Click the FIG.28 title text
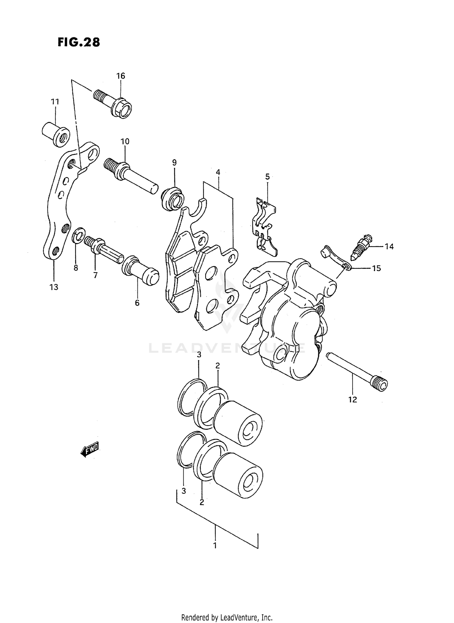click(x=79, y=42)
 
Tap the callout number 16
click(x=121, y=76)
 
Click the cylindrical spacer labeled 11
click(x=56, y=134)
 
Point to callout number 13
click(x=54, y=287)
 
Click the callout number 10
click(x=125, y=141)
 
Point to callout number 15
click(x=376, y=268)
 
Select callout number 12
click(x=353, y=399)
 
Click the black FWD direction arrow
click(x=90, y=450)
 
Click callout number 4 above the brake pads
click(x=218, y=172)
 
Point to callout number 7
click(x=95, y=275)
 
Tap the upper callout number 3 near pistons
click(x=199, y=355)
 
